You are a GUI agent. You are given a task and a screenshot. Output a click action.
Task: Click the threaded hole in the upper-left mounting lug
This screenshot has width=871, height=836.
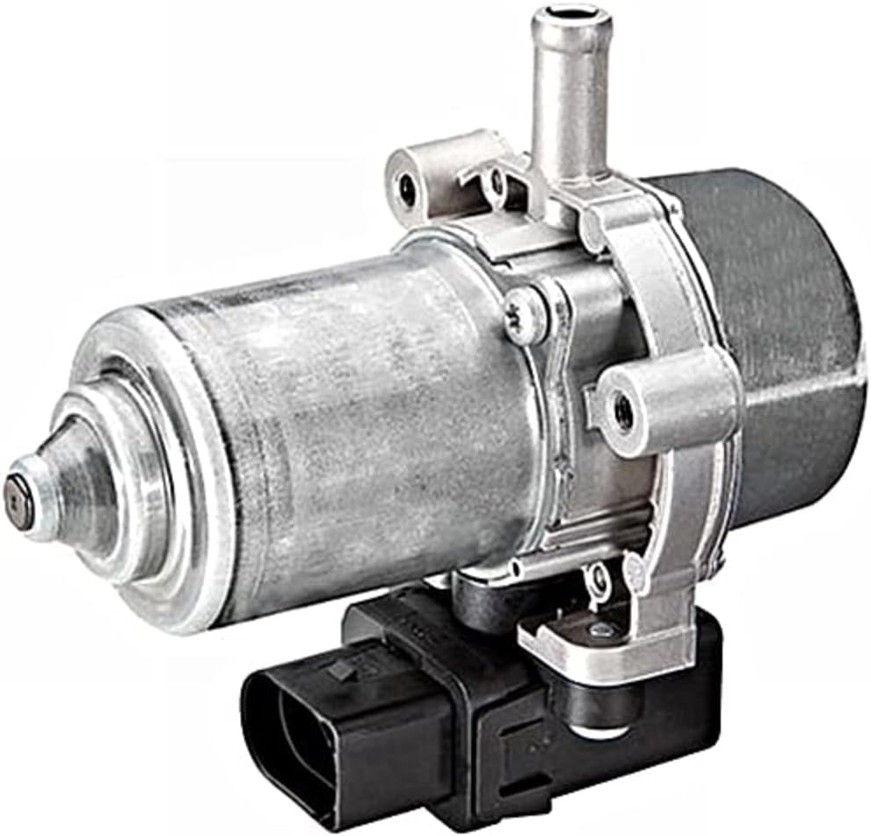409,186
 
